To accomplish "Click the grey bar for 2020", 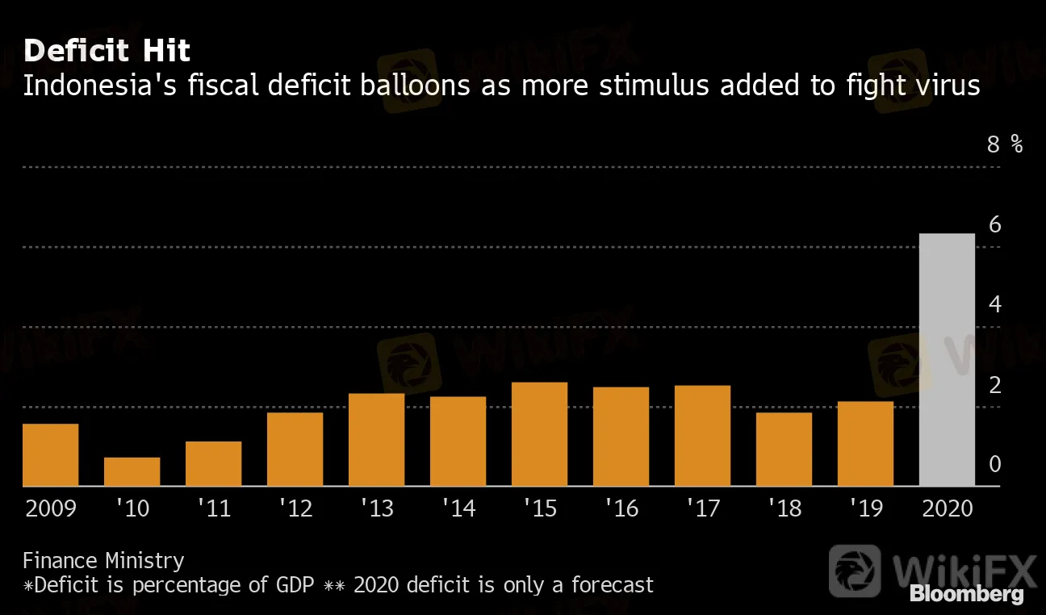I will point(947,360).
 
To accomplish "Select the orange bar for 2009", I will point(50,455).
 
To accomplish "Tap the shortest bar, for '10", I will point(132,472).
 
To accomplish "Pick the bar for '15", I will point(539,434).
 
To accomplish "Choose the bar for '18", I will point(784,450).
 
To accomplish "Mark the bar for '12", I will point(295,450).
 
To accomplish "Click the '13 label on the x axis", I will point(376,508).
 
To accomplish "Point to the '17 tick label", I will point(702,508).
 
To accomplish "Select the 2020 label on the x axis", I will point(947,508).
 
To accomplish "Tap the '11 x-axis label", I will point(213,508).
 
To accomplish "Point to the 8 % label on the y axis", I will point(1005,144).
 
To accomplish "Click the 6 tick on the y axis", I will point(994,225).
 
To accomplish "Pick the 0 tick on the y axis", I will point(994,464).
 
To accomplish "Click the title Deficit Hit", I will point(107,52).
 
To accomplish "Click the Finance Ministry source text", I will point(103,560).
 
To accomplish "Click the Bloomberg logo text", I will point(966,595).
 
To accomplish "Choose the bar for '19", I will point(865,444).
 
